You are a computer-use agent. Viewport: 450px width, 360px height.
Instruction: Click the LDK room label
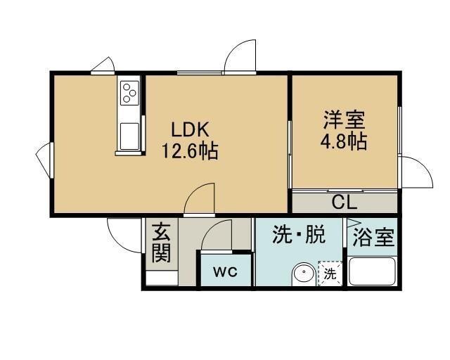click(x=186, y=129)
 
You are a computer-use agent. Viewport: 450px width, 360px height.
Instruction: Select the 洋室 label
click(x=344, y=119)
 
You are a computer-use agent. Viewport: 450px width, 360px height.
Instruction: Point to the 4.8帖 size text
click(x=344, y=141)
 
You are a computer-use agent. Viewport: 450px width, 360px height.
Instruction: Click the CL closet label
click(x=345, y=203)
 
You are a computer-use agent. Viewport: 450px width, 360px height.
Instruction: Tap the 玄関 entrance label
click(x=162, y=243)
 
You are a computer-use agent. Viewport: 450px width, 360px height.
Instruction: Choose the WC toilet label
click(x=225, y=271)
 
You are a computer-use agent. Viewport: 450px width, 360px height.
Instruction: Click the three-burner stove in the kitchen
click(x=130, y=91)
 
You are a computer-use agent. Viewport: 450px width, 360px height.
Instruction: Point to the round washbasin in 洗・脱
click(x=303, y=273)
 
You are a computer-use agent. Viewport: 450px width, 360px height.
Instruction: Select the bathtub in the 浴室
click(x=372, y=271)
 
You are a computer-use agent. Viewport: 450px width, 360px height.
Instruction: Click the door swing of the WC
click(x=218, y=236)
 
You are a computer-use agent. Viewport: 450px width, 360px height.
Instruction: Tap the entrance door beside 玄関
click(x=123, y=232)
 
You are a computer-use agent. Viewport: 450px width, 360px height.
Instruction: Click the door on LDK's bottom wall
click(x=200, y=198)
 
